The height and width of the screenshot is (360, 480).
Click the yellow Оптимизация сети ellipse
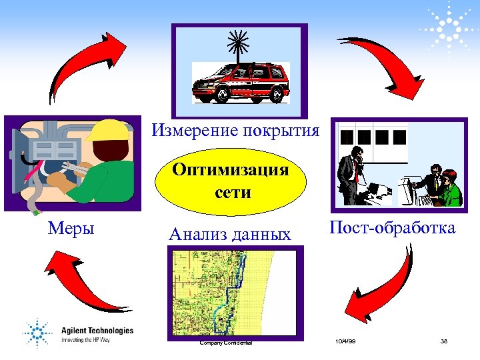point(230,181)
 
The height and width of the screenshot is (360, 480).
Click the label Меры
point(71,229)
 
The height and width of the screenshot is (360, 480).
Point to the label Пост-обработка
point(393,228)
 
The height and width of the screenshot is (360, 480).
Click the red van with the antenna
point(241,81)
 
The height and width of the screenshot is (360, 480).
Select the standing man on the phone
point(349,173)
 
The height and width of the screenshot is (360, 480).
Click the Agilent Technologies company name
point(97,331)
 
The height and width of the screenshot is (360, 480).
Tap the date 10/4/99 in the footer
point(345,341)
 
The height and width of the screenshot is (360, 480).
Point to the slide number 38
point(444,341)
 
